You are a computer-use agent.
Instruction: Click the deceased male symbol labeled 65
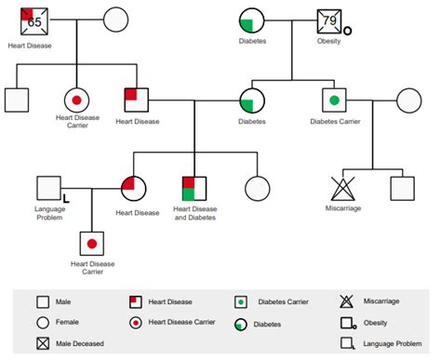[x=34, y=20]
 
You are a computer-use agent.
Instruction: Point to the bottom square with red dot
[x=92, y=245]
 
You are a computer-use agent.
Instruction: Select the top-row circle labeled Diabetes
[x=252, y=22]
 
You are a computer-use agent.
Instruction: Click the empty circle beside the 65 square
[x=115, y=20]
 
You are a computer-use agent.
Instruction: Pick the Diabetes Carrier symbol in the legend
[x=241, y=301]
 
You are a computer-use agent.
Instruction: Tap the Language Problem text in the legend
[x=392, y=343]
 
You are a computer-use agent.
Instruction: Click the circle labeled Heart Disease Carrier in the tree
[x=75, y=100]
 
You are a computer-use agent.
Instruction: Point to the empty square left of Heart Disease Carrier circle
[x=17, y=100]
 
